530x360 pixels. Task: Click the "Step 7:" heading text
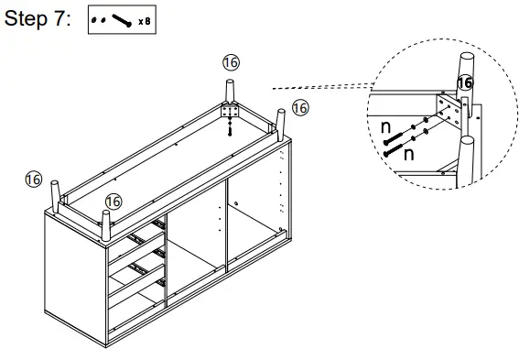click(x=38, y=20)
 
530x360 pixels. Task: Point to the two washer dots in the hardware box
click(x=99, y=20)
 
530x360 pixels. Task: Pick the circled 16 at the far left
click(x=34, y=179)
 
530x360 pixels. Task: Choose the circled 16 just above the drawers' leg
click(x=114, y=200)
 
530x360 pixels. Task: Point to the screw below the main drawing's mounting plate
click(x=229, y=129)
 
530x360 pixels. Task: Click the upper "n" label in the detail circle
click(x=386, y=125)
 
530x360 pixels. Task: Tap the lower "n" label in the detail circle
click(x=408, y=155)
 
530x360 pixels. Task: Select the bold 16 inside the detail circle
click(x=465, y=82)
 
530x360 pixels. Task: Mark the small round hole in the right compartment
click(x=237, y=202)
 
